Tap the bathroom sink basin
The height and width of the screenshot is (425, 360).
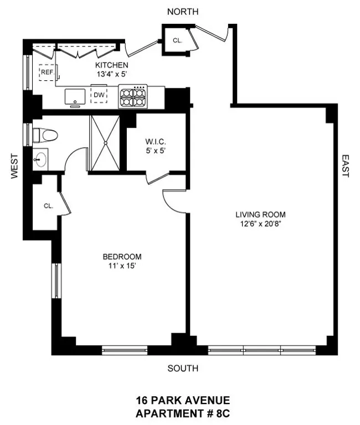tap(40, 160)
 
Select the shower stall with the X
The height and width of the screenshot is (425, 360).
tap(104, 143)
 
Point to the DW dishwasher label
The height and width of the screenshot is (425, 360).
tap(99, 95)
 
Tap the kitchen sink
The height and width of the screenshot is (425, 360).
tap(74, 97)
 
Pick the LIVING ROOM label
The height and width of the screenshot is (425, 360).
tap(260, 214)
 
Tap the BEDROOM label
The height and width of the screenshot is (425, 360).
tap(122, 257)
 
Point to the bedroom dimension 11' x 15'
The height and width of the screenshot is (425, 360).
tap(122, 266)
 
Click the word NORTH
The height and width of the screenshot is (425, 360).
tap(183, 12)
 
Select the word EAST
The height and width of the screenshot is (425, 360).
tap(345, 165)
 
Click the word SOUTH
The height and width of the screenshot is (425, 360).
tap(183, 368)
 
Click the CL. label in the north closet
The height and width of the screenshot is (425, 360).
tap(177, 40)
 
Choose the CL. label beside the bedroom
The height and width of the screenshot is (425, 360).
tap(48, 206)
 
